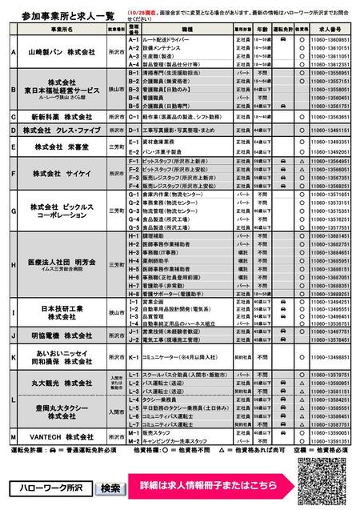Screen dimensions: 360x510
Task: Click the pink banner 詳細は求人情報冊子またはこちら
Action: coord(207,487)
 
